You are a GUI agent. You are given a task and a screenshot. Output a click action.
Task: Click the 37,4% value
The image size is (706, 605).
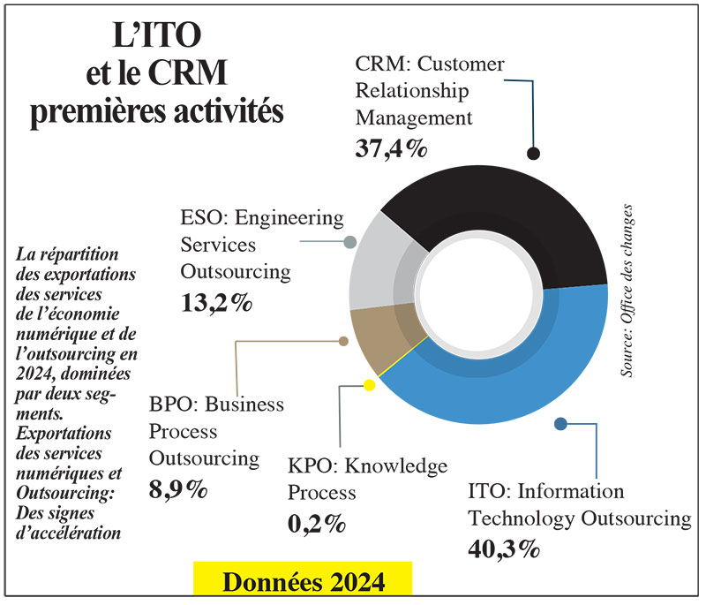point(391,147)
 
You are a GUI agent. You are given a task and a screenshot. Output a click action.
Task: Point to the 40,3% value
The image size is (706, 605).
point(503,548)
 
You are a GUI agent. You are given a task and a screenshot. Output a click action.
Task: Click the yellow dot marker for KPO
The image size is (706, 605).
point(369,385)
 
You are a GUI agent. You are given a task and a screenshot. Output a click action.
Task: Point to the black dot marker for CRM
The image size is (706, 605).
point(533,153)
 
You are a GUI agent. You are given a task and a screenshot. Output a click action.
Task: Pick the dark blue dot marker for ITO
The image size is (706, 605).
point(561,424)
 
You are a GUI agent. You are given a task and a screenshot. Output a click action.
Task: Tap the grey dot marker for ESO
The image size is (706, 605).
point(350,242)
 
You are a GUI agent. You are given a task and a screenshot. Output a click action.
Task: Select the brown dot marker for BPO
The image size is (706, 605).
point(343,340)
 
